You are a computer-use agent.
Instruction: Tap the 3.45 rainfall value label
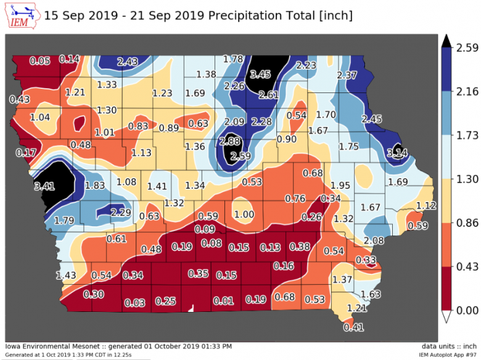click(x=260, y=75)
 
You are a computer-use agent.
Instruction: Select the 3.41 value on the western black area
click(x=45, y=185)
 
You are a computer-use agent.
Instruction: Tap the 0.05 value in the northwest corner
click(x=40, y=60)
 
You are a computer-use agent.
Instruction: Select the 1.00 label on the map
click(x=244, y=214)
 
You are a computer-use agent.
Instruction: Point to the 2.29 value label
click(x=121, y=213)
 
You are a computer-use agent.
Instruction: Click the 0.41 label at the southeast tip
click(x=353, y=327)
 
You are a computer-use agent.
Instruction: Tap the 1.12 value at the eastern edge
click(x=426, y=205)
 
